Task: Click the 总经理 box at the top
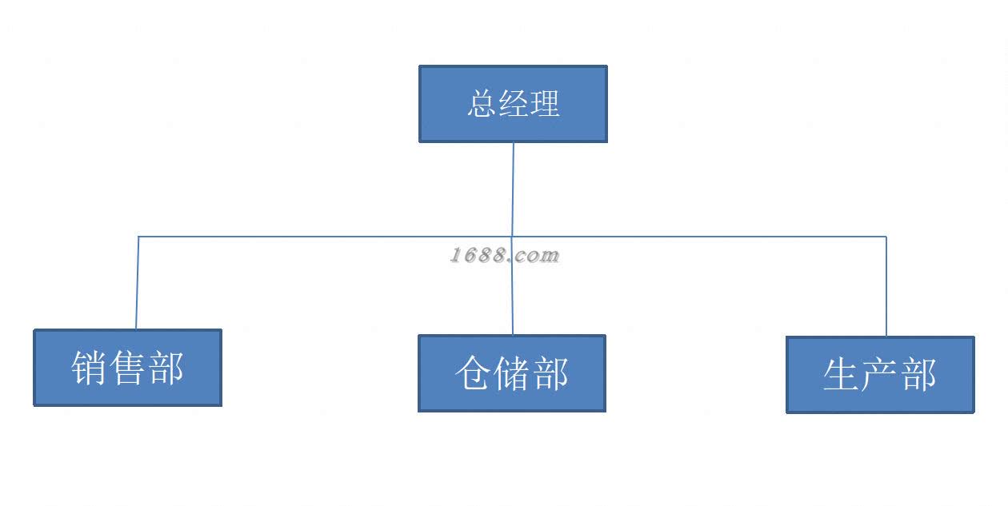(513, 104)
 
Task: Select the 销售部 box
(127, 368)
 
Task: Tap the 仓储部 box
(511, 373)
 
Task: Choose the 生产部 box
(880, 375)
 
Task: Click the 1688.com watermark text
(504, 256)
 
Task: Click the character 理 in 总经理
(545, 104)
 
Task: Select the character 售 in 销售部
(128, 369)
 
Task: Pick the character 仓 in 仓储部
(473, 374)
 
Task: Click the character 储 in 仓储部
(512, 374)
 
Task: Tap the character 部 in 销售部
(166, 369)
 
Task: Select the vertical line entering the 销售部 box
(137, 284)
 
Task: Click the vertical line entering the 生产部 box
(886, 288)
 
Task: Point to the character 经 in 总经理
(514, 104)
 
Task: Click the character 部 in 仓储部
(551, 374)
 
